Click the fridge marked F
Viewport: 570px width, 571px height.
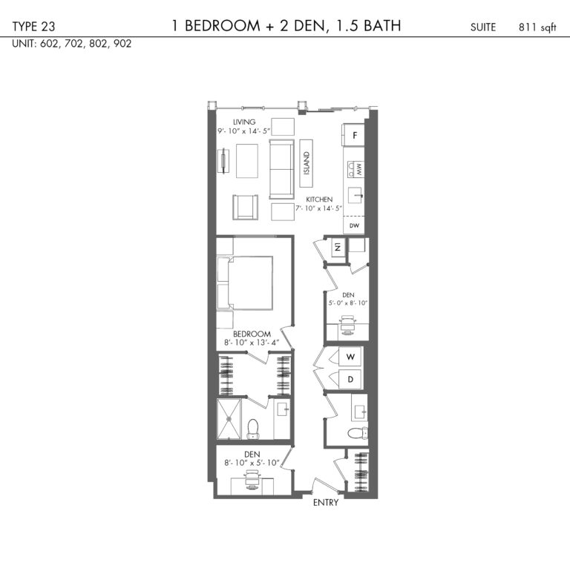pyautogui.click(x=353, y=135)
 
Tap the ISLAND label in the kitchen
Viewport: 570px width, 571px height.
pyautogui.click(x=307, y=163)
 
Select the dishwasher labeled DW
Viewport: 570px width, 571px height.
pyautogui.click(x=354, y=225)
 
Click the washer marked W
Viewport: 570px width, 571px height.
pyautogui.click(x=350, y=357)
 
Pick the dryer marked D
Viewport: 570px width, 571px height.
pyautogui.click(x=350, y=380)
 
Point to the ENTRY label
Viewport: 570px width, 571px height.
pyautogui.click(x=326, y=503)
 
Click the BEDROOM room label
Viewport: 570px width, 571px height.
pyautogui.click(x=252, y=334)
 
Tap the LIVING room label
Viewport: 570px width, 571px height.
pyautogui.click(x=244, y=122)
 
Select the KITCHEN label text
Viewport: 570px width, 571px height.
pyautogui.click(x=319, y=199)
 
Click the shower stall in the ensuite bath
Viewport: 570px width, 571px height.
pyautogui.click(x=229, y=419)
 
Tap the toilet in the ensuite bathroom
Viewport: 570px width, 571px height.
pyautogui.click(x=253, y=429)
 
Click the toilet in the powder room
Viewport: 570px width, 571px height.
pyautogui.click(x=357, y=433)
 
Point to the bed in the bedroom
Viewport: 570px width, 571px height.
pyautogui.click(x=245, y=283)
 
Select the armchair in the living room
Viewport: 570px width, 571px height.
pyautogui.click(x=245, y=207)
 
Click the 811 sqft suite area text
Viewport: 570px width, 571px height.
pyautogui.click(x=537, y=27)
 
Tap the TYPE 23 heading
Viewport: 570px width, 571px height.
pyautogui.click(x=33, y=27)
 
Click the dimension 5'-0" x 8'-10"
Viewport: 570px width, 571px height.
pyautogui.click(x=348, y=303)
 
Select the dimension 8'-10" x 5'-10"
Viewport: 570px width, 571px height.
pyautogui.click(x=252, y=463)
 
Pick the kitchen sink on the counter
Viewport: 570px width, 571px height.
pyautogui.click(x=356, y=195)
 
